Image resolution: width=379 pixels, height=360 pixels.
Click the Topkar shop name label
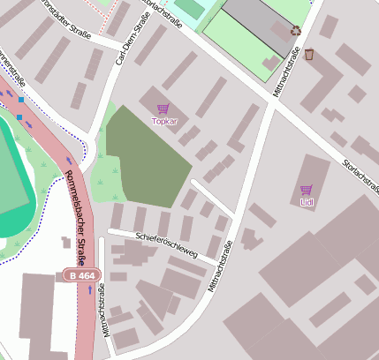click(x=164, y=121)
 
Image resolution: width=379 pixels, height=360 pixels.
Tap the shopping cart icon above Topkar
click(x=163, y=109)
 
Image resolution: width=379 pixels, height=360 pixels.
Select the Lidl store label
click(x=307, y=202)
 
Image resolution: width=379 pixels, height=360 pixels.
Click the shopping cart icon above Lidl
click(x=307, y=190)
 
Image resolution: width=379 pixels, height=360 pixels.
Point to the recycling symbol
click(x=295, y=30)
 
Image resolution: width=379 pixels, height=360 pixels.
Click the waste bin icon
click(x=309, y=55)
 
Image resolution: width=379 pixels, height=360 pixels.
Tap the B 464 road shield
click(x=80, y=276)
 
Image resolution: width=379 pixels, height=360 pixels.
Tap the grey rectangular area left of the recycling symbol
click(x=257, y=22)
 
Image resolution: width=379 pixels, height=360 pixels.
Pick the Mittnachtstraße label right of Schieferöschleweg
click(x=219, y=267)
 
